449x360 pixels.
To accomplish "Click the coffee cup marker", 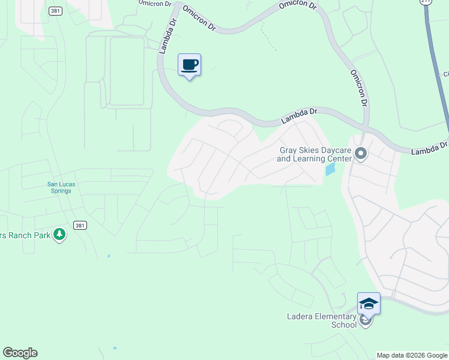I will pos(189,65).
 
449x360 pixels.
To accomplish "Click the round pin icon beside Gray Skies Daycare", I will pos(361,154).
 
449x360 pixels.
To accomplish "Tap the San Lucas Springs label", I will pos(59,187).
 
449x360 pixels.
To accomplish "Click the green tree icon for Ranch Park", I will pos(59,235).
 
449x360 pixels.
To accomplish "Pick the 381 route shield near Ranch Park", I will pos(80,225).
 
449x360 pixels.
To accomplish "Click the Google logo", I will pos(20,353).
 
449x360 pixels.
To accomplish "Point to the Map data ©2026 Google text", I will pos(412,355).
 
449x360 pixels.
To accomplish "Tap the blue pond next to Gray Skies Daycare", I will pos(330,169).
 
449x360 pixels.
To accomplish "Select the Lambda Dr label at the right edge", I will pos(430,148).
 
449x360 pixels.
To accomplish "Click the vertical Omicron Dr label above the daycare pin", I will pos(358,88).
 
